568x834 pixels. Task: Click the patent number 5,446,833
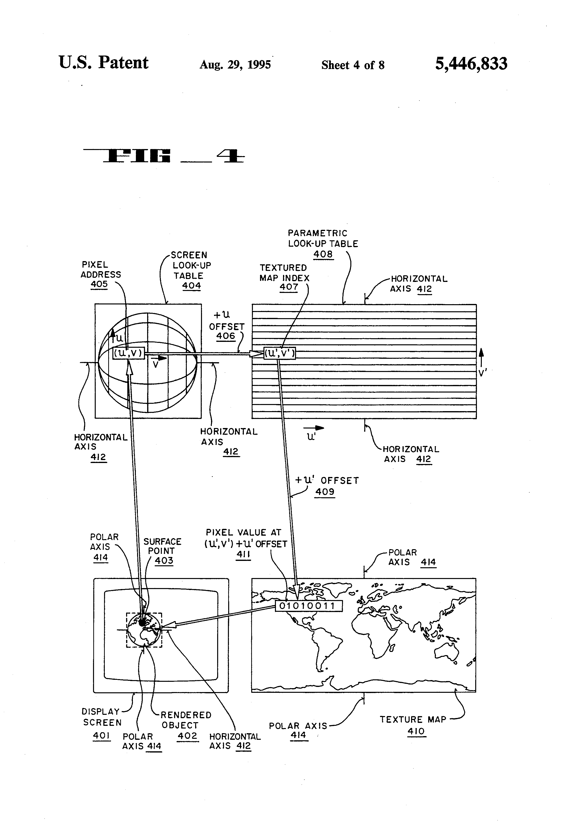tap(471, 64)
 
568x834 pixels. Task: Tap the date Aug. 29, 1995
tap(235, 65)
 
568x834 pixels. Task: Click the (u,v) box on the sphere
tap(129, 353)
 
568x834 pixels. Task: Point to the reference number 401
tap(101, 735)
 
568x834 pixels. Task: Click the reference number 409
tap(325, 492)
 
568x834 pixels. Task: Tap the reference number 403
tap(164, 561)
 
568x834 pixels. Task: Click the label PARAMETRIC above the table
tap(317, 233)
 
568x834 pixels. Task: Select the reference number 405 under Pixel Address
tap(99, 284)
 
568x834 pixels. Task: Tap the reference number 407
tap(289, 287)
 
